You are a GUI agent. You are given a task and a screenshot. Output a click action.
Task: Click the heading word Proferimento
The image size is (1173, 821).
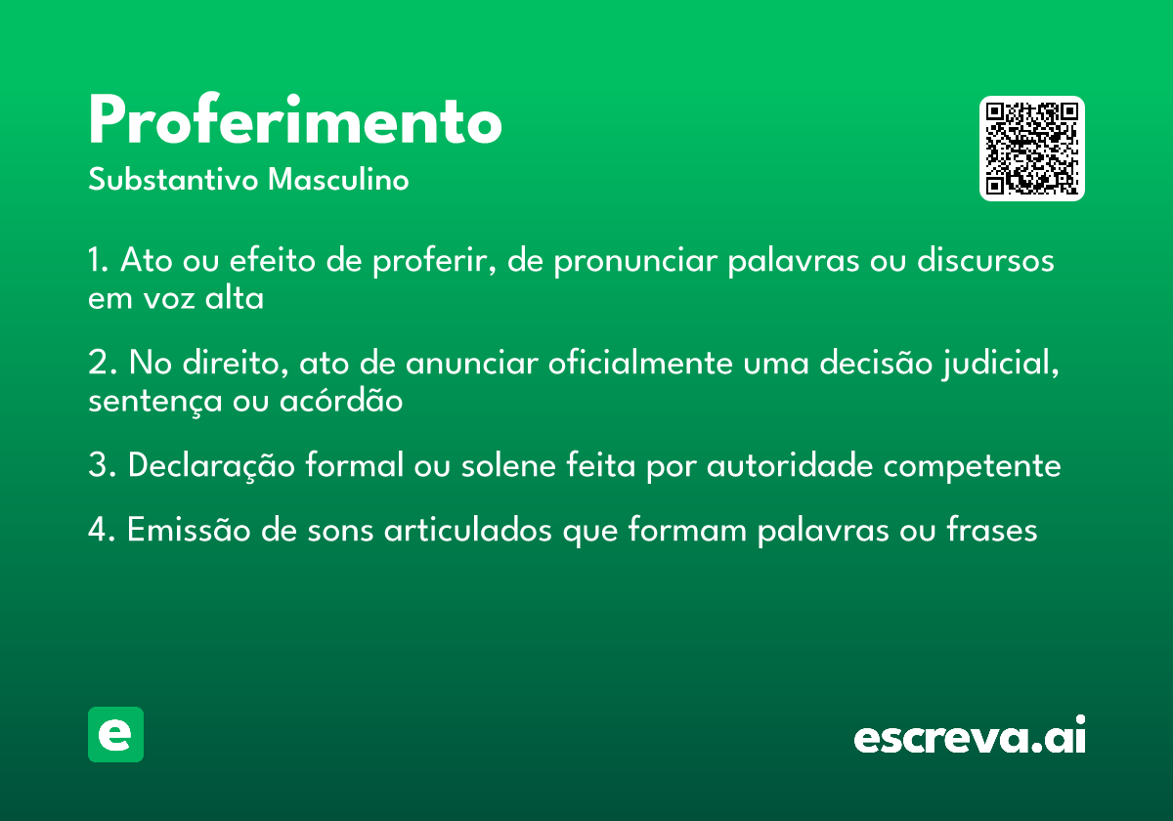click(295, 122)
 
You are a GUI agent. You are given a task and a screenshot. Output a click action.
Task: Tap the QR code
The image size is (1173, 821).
click(1032, 149)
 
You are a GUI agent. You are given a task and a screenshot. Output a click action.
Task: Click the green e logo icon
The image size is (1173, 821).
click(115, 734)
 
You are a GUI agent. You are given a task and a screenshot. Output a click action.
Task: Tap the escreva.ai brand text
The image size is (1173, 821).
click(970, 737)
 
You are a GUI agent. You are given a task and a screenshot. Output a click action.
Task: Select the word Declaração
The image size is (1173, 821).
click(211, 465)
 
